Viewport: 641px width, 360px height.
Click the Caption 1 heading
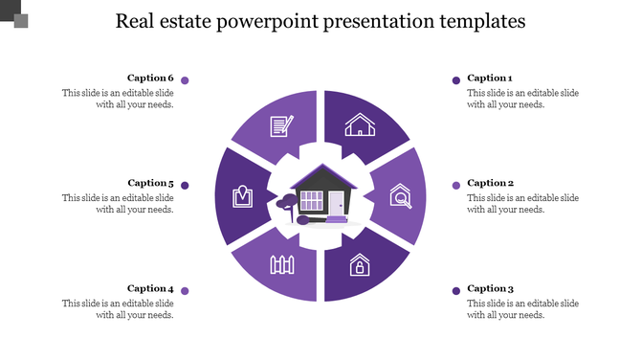pos(490,79)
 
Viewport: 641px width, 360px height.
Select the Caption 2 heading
pos(490,183)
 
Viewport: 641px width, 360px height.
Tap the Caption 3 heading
pos(490,288)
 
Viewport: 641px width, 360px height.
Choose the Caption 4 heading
pos(150,288)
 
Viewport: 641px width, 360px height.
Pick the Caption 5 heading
pos(150,183)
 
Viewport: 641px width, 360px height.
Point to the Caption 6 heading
pos(150,79)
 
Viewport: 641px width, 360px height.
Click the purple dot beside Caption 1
pos(456,80)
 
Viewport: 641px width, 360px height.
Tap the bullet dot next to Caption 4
pos(185,291)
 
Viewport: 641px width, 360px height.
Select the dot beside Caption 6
pos(185,80)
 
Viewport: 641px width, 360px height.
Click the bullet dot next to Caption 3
pos(456,291)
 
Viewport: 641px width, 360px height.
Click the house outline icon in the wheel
pos(360,124)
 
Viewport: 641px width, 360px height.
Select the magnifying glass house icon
pos(402,197)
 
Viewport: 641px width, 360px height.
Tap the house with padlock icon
pos(360,264)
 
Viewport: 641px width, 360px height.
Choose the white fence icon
pos(280,264)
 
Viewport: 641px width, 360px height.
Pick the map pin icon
pos(242,196)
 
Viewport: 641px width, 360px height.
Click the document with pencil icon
pos(281,124)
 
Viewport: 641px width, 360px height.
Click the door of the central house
pos(337,203)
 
